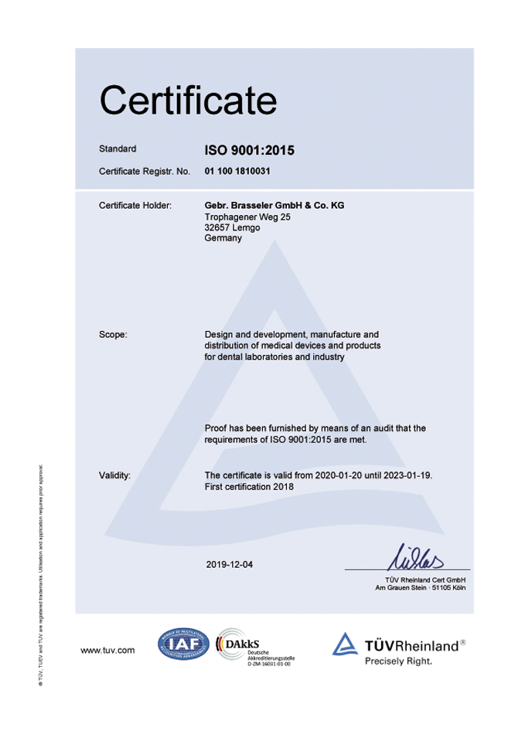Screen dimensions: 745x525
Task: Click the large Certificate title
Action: pos(188,100)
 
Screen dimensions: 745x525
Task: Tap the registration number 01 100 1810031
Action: pos(237,170)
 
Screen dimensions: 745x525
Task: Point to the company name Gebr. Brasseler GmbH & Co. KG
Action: pos(274,206)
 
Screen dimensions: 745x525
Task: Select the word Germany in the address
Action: pos(223,239)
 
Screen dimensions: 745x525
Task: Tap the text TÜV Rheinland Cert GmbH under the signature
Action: pos(425,579)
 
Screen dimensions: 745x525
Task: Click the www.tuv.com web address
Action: pos(108,651)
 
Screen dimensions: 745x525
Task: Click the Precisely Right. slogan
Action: pos(398,661)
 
